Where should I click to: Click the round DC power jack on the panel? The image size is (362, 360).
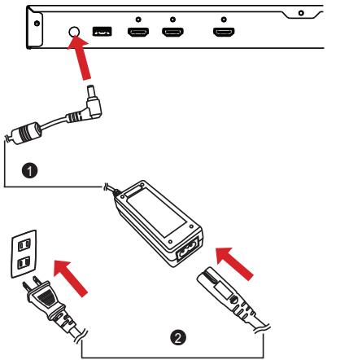coord(74,32)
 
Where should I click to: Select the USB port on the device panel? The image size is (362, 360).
coord(102,31)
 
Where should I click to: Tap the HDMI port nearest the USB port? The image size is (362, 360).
coord(138,32)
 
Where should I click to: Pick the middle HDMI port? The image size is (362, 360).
coord(172,32)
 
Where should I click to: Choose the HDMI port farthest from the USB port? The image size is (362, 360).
coord(224,32)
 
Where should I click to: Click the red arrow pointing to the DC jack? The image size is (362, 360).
coord(81,58)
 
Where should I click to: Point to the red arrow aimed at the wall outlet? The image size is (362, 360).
coord(70,278)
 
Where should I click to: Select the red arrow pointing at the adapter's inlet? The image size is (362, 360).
coord(234,263)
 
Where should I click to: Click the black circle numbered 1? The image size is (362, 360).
coord(29,170)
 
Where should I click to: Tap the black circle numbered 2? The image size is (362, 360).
coord(178,338)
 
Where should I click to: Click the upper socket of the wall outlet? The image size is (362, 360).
coord(24,245)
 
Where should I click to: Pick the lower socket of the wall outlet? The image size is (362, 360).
coord(24,263)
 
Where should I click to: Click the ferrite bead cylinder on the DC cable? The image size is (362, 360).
coord(26,133)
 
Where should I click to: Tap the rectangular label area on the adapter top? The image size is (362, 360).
coord(156,213)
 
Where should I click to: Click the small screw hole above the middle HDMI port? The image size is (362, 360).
coord(172,20)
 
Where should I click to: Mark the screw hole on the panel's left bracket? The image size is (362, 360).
coord(37,24)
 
